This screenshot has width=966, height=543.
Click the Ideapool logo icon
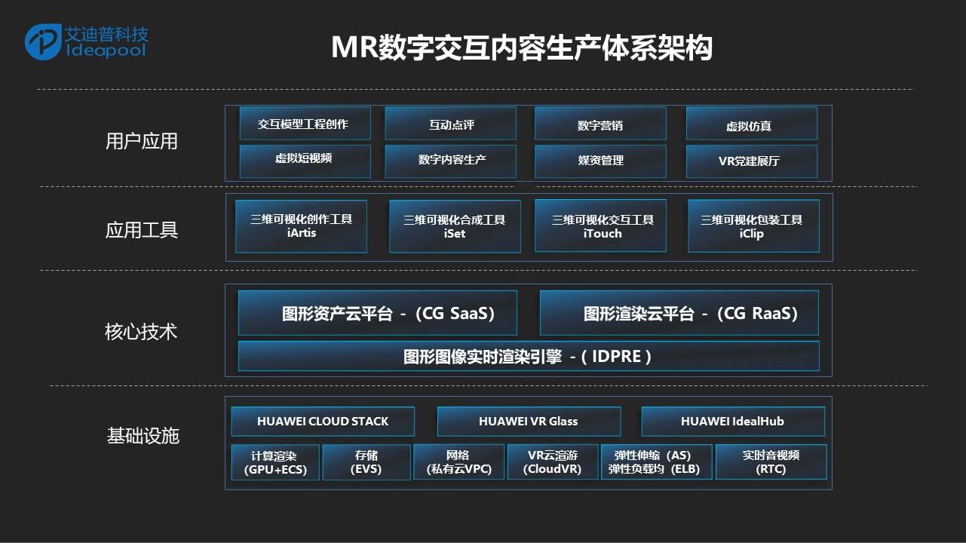43,41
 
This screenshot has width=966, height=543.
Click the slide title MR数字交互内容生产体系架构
521,48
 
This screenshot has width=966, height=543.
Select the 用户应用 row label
142,142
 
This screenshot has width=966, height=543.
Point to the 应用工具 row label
142,230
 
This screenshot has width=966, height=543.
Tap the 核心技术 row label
141,332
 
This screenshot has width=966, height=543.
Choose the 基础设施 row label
143,436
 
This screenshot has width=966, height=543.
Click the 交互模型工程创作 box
305,124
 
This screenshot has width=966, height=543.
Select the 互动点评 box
451,124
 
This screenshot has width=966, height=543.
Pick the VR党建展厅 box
752,161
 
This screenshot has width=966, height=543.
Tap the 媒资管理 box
600,161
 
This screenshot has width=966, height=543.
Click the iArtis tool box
301,226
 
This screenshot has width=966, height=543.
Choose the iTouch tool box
600,225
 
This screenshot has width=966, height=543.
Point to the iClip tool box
754,226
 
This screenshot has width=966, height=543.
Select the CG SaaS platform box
377,313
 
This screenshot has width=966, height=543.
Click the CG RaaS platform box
679,313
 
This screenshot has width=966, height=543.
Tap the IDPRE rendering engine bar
529,356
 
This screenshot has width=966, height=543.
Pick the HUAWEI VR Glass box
529,422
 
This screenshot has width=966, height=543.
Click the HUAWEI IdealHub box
733,422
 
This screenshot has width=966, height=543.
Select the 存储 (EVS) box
366,462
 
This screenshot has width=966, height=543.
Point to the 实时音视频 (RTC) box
771,462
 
